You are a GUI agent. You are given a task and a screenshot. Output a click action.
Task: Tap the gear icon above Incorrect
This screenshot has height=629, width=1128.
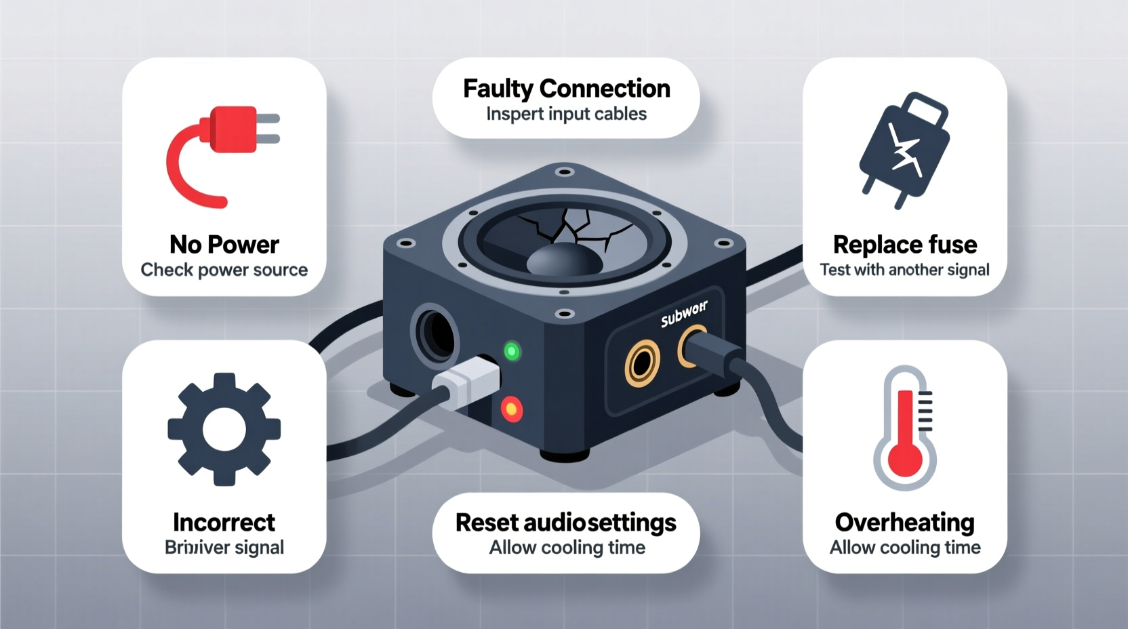224,429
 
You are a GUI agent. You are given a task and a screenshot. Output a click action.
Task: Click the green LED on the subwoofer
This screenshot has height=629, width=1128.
512,351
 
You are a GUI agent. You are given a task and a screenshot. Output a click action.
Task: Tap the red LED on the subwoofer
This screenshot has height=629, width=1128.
511,409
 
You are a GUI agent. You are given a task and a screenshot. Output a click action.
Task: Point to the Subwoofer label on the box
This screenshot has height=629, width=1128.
684,314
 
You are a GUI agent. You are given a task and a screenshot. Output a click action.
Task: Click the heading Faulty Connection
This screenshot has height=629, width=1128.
566,89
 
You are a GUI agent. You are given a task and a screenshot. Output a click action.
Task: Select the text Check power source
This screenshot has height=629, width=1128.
224,270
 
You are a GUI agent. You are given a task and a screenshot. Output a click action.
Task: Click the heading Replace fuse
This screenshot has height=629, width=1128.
905,244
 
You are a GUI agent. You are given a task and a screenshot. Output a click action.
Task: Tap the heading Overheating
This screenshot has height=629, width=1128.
905,522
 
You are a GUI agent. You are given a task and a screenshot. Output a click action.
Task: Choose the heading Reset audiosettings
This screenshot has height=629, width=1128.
566,522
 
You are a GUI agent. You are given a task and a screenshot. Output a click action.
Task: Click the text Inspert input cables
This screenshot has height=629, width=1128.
566,114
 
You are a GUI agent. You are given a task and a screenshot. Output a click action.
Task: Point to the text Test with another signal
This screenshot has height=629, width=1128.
905,270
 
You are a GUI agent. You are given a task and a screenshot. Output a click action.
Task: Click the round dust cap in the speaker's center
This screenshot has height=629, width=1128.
564,260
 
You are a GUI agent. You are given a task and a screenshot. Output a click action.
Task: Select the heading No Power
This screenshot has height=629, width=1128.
224,244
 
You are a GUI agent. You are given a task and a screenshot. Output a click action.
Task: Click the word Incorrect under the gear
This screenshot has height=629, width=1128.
224,522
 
